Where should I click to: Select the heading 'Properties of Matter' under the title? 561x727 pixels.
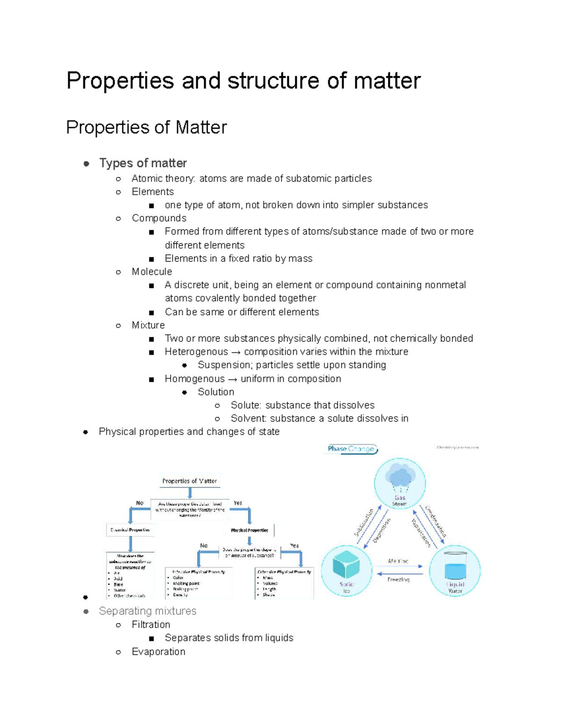click(x=146, y=127)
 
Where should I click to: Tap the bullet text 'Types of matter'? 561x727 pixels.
click(x=143, y=163)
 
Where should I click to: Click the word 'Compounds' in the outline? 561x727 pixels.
click(x=159, y=218)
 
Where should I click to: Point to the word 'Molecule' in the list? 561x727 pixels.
click(x=151, y=272)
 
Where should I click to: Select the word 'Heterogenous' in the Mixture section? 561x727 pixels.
click(x=196, y=352)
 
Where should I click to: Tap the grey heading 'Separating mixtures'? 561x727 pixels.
click(x=147, y=611)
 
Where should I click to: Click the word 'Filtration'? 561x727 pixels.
click(x=151, y=624)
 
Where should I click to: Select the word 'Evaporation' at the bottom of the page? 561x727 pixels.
click(x=158, y=652)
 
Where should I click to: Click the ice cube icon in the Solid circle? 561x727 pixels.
click(x=346, y=564)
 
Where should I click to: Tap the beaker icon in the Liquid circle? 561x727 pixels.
click(x=455, y=566)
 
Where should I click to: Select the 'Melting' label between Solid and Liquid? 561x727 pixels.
click(x=398, y=561)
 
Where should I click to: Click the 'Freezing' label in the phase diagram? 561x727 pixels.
click(x=398, y=580)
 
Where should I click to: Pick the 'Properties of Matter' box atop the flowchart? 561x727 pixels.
click(x=189, y=481)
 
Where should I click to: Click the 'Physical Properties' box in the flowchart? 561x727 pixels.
click(x=250, y=530)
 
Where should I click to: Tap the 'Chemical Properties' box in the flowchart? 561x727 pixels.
click(x=130, y=530)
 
